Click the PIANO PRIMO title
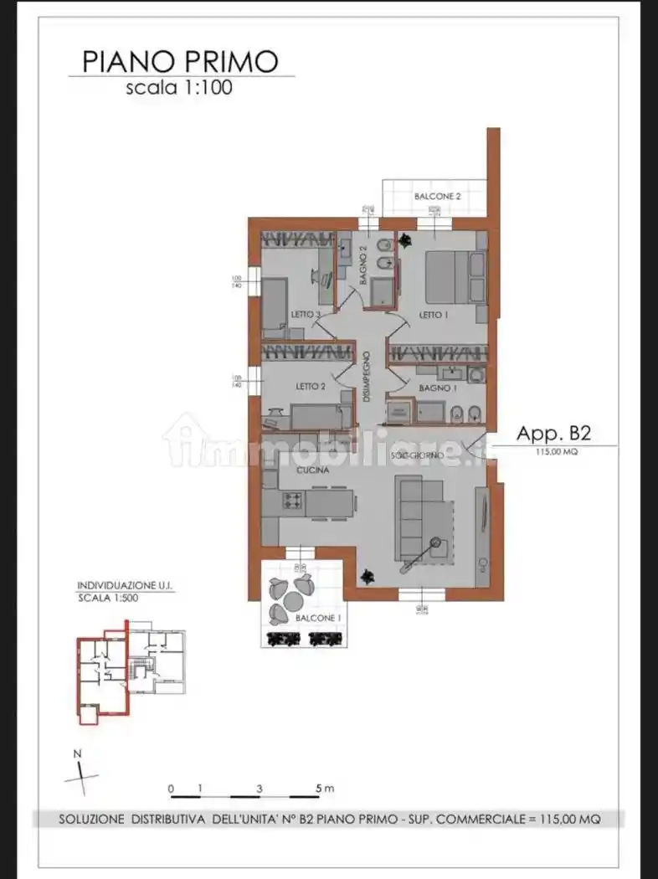179,61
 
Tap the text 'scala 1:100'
179,87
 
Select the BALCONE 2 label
437,196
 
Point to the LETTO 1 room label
429,315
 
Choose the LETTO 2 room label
310,387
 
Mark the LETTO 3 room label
306,315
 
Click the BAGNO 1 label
435,388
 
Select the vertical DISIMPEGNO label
367,378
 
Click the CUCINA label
310,471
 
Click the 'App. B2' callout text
553,433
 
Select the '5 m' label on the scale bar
325,789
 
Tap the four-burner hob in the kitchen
293,501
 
